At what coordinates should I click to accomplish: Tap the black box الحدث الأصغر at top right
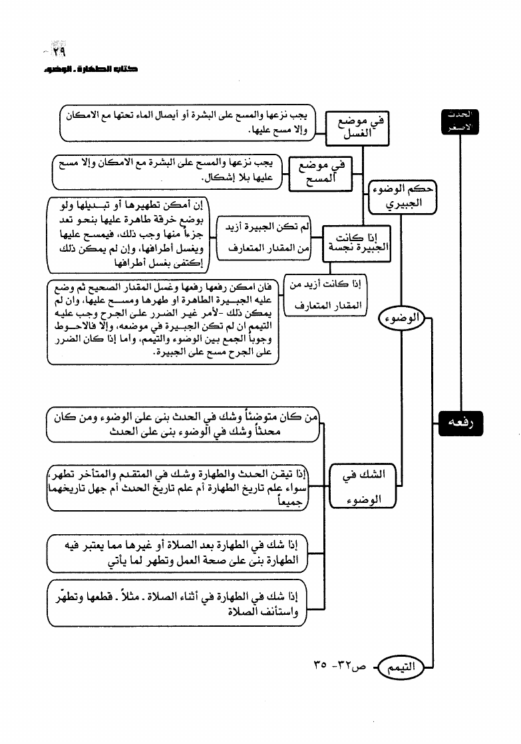[462, 122]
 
